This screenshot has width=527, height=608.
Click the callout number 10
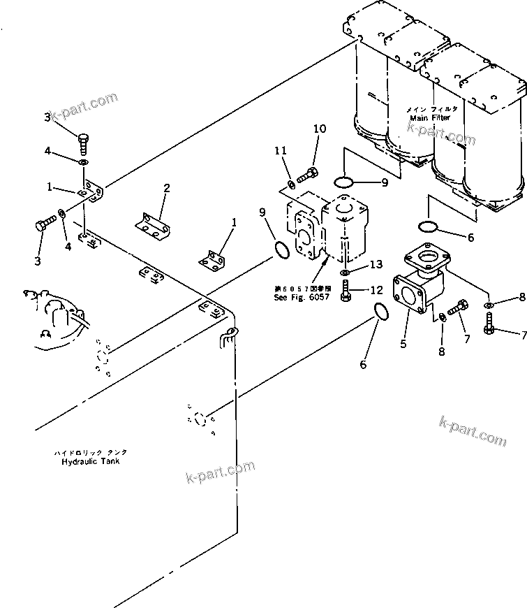[319, 129]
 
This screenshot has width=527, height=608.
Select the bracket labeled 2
[152, 226]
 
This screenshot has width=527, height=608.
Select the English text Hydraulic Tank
[89, 462]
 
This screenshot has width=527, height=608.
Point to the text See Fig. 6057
[295, 296]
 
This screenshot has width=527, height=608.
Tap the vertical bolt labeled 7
[490, 323]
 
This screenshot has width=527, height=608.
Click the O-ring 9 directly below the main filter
[343, 182]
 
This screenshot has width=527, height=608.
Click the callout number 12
[376, 289]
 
